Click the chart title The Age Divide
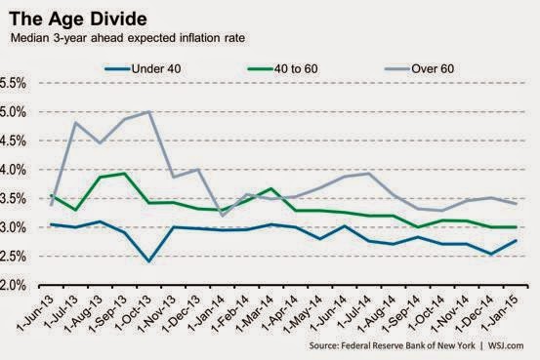tap(78, 19)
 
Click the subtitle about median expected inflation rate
tap(128, 38)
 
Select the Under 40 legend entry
tap(143, 69)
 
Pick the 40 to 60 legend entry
tap(283, 69)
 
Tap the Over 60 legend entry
tap(420, 69)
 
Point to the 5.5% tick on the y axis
tap(13, 83)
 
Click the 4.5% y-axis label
tap(13, 140)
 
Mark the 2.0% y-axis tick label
tap(13, 285)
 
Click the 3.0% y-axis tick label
tap(13, 227)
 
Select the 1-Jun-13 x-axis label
tap(35, 313)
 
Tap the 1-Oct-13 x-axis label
tap(133, 313)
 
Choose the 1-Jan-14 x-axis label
tap(207, 313)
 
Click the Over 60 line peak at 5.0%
tap(148, 111)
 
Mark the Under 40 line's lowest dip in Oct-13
tap(148, 261)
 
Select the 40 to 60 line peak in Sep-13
tap(125, 174)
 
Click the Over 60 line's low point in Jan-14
tap(222, 216)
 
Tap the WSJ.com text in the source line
tap(506, 345)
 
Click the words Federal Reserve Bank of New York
tap(408, 345)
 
